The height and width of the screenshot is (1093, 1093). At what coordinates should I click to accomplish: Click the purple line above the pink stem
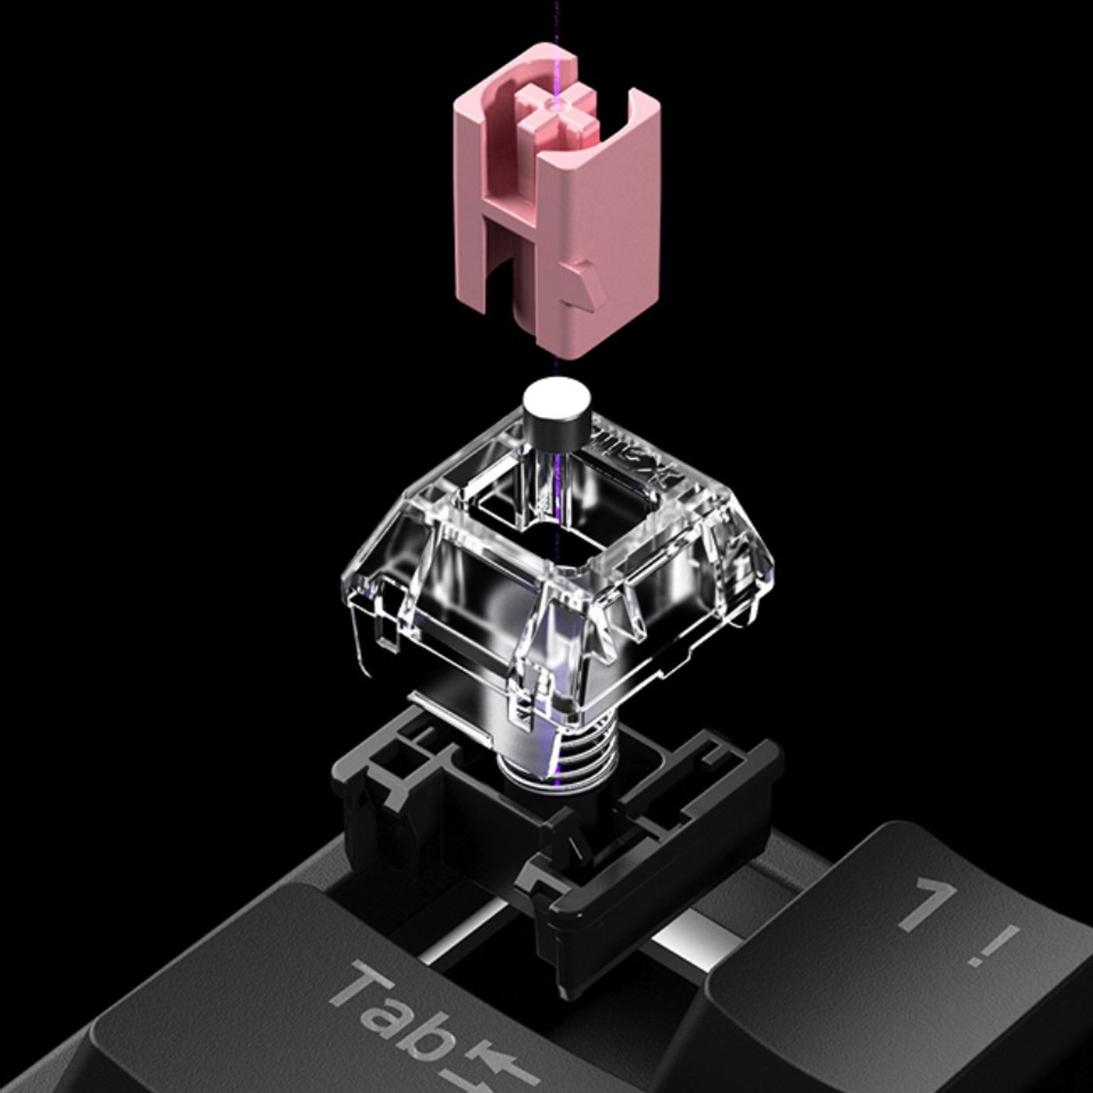click(x=556, y=20)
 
